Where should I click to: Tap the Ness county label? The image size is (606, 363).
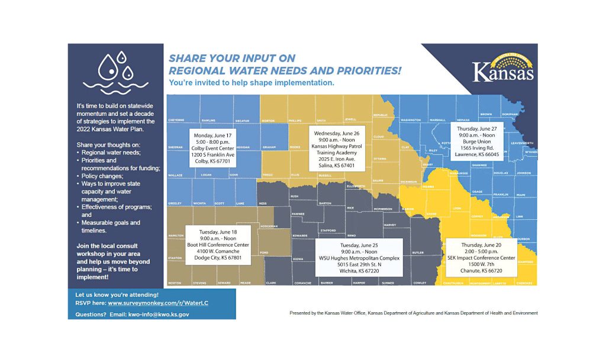[x=263, y=203]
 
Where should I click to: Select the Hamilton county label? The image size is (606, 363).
[x=176, y=235]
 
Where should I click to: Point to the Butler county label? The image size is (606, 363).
[x=418, y=252]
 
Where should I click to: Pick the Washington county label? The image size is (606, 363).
[x=410, y=120]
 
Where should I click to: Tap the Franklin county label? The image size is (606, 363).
[x=501, y=195]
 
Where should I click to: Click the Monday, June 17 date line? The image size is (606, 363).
[x=213, y=135]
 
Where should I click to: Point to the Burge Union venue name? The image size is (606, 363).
[x=476, y=141]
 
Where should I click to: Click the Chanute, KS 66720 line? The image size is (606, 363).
[x=481, y=271]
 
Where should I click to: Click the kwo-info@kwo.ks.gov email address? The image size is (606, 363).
[x=159, y=315]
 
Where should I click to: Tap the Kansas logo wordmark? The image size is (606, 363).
[x=503, y=72]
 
